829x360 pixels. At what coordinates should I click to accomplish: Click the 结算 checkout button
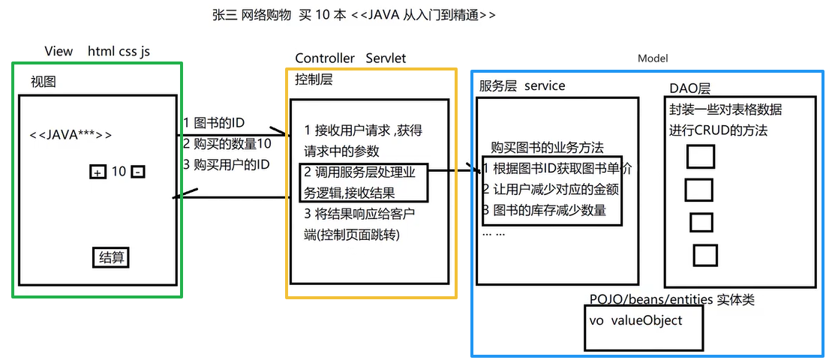[x=110, y=258]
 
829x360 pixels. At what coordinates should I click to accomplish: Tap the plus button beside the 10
[x=98, y=172]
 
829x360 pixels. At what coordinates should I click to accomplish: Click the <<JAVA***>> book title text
[x=71, y=135]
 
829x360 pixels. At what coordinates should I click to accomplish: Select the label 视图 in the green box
[x=43, y=82]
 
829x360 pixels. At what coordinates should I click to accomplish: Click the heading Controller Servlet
[x=350, y=58]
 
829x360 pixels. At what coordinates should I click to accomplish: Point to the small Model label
[x=652, y=58]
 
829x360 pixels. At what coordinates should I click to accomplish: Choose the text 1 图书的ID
[x=214, y=123]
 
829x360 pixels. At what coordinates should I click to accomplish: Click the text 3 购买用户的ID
[x=226, y=163]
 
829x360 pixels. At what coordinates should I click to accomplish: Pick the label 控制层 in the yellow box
[x=314, y=79]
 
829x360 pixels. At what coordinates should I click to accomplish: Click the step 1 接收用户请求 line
[x=363, y=130]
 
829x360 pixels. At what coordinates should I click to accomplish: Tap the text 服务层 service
[x=522, y=85]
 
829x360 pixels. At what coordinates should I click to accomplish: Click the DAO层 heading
[x=689, y=88]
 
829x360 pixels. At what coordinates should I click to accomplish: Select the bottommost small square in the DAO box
[x=704, y=255]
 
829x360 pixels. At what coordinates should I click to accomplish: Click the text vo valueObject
[x=636, y=319]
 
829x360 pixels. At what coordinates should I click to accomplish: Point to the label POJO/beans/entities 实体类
[x=672, y=300]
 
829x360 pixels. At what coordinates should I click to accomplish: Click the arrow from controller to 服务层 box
[x=454, y=171]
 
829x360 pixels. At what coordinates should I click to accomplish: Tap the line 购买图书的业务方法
[x=547, y=147]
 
